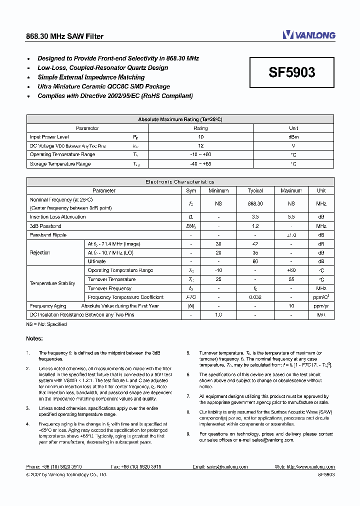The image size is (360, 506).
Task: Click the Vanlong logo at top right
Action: (x=309, y=35)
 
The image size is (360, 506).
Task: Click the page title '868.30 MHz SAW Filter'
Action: (x=64, y=36)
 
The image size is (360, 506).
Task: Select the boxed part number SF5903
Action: (x=292, y=72)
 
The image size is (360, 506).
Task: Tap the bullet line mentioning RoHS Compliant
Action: (x=115, y=96)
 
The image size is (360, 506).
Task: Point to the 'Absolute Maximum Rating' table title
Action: (x=180, y=119)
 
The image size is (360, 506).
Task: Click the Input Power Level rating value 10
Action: (x=200, y=137)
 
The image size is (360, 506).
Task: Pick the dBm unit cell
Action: (x=293, y=137)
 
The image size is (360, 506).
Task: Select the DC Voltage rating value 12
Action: (x=200, y=146)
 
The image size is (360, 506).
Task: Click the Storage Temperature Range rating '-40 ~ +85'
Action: (x=200, y=164)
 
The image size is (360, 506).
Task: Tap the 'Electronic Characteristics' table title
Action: (x=180, y=182)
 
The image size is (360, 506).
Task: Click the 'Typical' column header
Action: (x=255, y=190)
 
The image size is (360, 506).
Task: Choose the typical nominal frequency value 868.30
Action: (x=255, y=203)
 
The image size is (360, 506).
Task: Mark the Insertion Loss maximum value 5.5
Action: (x=291, y=217)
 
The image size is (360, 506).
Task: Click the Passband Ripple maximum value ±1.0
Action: (x=291, y=235)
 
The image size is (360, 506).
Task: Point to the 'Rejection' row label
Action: (x=40, y=252)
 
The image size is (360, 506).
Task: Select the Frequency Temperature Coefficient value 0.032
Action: (x=255, y=297)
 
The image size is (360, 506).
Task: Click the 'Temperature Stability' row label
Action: (x=52, y=283)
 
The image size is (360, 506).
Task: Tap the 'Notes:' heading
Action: (x=34, y=339)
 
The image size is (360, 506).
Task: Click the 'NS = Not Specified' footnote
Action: (x=46, y=324)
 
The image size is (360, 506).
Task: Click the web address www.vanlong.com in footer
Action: (x=310, y=466)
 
